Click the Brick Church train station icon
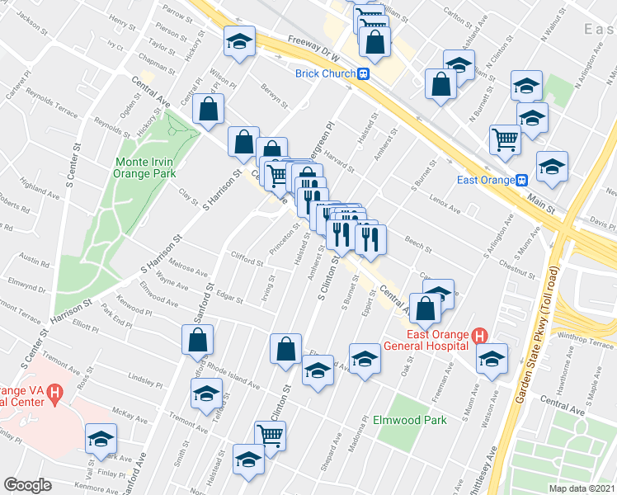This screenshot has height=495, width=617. tap(363, 73)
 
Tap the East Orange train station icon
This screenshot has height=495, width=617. tap(521, 181)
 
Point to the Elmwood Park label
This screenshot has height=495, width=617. tap(416, 420)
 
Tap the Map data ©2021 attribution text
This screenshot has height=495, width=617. tap(581, 488)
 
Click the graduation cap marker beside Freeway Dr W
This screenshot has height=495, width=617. tap(239, 41)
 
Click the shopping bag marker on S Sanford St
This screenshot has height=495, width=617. tap(198, 337)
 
